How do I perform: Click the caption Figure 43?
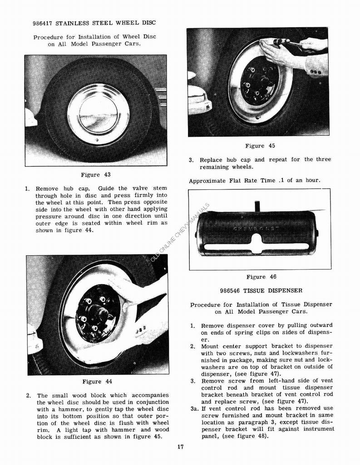point(95,175)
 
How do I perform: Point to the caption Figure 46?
point(261,277)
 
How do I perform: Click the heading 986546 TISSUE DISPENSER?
point(261,291)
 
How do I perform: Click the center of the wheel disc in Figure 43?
point(98,114)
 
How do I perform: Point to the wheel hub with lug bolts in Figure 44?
point(98,313)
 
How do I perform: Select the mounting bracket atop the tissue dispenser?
point(257,206)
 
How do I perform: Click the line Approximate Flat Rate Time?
point(254,180)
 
